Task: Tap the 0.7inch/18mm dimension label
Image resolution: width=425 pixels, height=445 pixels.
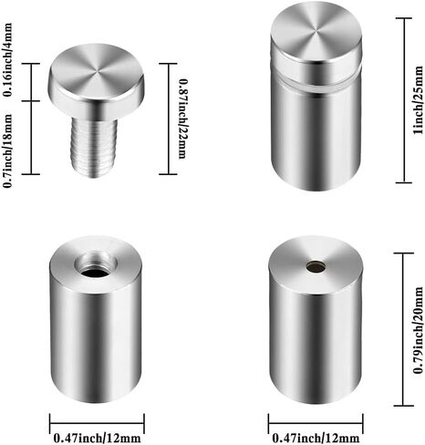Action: pos(7,150)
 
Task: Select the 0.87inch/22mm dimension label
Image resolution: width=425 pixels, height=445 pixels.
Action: pos(182,119)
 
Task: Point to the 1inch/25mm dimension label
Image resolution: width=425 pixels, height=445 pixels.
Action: pos(418,99)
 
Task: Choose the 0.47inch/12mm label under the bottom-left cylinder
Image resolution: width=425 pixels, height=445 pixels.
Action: pos(97,438)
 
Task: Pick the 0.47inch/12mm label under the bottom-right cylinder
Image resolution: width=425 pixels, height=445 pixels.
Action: pos(316,438)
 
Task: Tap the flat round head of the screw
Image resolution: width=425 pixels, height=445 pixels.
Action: pos(97,73)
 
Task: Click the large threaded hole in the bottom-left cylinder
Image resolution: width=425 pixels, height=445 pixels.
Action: pos(97,265)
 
